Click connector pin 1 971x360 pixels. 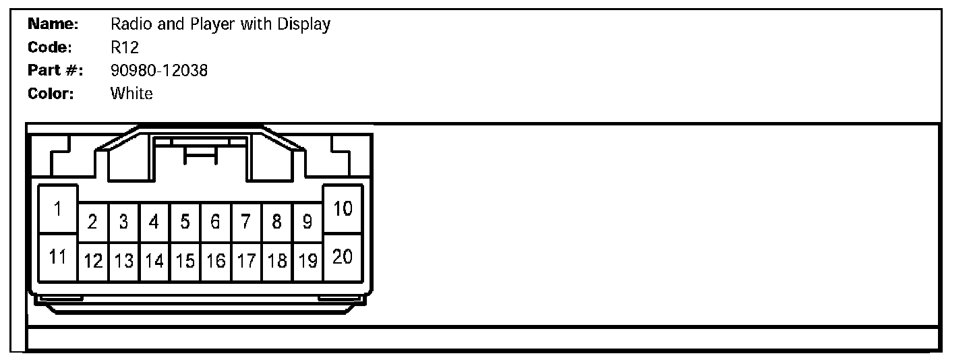tap(58, 210)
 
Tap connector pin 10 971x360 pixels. tap(343, 209)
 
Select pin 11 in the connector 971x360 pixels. tap(58, 257)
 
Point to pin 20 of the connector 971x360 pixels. tap(343, 257)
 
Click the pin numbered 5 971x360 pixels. tap(185, 222)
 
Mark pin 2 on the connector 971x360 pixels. tap(93, 222)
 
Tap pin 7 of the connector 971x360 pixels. tap(246, 222)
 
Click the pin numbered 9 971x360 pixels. tap(307, 222)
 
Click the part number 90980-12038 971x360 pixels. tap(158, 70)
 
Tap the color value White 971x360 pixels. tap(131, 93)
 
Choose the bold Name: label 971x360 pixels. tap(54, 24)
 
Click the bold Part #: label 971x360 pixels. tap(55, 70)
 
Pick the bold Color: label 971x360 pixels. tap(51, 93)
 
